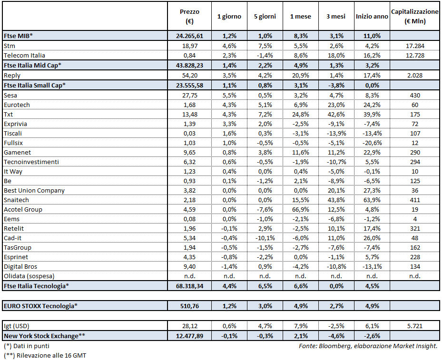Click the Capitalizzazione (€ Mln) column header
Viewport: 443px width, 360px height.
point(414,16)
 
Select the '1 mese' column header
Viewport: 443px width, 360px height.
point(300,17)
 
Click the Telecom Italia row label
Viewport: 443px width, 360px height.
point(24,55)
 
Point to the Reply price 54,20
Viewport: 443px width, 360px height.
point(189,75)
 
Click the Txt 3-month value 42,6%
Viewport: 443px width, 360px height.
point(335,114)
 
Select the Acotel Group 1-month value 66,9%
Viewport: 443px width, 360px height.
point(300,209)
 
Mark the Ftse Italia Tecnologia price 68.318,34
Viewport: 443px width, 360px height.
point(189,286)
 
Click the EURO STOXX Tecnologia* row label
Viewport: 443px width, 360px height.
point(39,306)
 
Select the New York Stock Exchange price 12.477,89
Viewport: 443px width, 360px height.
point(189,336)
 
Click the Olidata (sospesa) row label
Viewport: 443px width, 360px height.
point(29,276)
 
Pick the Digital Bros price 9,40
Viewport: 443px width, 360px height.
point(189,266)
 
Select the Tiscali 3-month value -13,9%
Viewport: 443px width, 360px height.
point(335,133)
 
